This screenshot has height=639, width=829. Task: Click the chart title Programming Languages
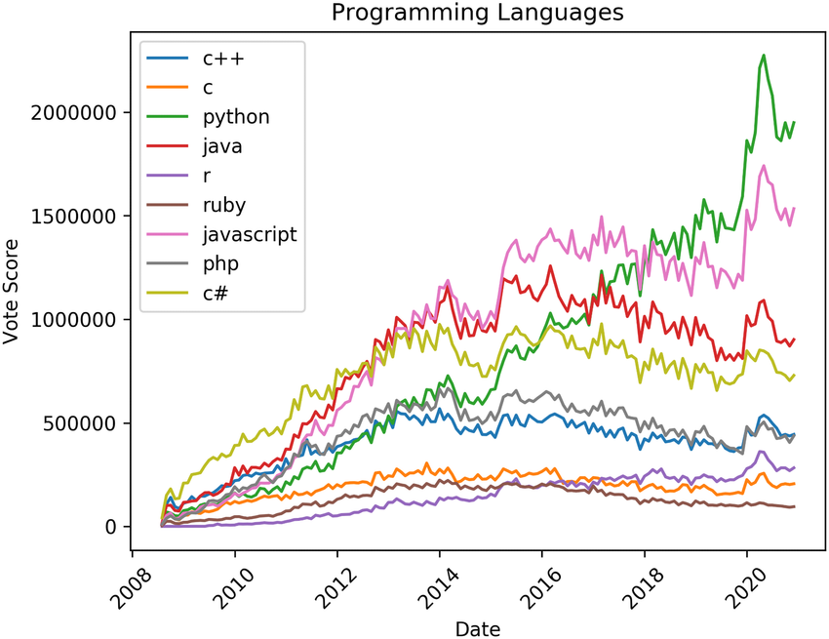point(477,13)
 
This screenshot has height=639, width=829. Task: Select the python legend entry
point(236,118)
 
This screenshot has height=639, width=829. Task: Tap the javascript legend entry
point(249,234)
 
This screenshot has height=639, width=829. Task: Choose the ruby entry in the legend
point(224,205)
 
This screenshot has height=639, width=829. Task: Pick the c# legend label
point(217,293)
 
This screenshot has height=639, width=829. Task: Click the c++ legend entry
point(222,59)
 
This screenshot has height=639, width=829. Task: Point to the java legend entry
point(222,147)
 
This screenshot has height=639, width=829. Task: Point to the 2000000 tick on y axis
point(79,112)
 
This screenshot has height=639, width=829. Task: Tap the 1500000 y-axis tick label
point(79,216)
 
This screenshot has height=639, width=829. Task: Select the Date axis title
point(477,627)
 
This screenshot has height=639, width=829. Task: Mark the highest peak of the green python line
point(764,56)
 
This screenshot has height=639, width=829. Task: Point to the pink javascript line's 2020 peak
point(764,166)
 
